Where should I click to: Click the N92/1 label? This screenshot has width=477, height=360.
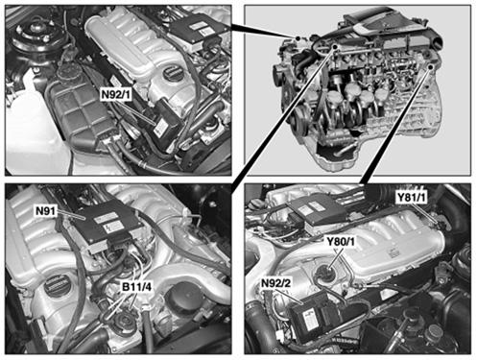116,95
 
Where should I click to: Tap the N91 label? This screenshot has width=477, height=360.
46,211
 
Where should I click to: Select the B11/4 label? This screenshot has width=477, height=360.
136,287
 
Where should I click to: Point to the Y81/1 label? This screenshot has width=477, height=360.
412,198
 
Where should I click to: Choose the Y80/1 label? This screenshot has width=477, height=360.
341,242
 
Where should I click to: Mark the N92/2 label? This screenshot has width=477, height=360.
276,283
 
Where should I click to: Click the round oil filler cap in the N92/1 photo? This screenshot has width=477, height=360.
174,74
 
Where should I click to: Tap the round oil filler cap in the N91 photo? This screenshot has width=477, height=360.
57,286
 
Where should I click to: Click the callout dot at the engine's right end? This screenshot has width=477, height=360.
431,66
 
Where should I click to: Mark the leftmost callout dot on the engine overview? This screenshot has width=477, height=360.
298,38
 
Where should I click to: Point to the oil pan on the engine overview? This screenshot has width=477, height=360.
339,157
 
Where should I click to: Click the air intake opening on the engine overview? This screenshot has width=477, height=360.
438,40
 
